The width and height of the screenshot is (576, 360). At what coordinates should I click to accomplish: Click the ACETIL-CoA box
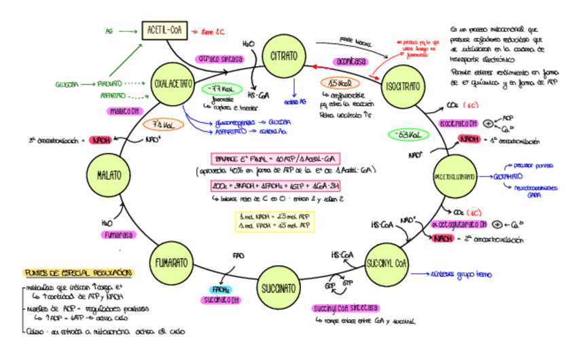tap(164, 30)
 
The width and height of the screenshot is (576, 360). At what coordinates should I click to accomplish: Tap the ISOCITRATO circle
tap(403, 88)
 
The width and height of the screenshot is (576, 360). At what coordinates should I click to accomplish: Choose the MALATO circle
tap(109, 175)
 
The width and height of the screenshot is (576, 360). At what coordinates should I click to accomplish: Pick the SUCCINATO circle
tap(278, 288)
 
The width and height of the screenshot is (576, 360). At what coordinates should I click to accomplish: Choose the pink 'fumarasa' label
tap(115, 234)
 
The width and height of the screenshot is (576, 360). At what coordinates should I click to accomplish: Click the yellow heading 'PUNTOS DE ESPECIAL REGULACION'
tap(78, 272)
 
